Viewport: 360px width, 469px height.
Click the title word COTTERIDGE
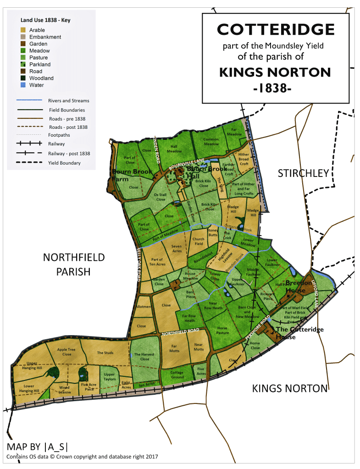tap(276, 30)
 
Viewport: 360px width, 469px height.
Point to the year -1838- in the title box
tap(272, 88)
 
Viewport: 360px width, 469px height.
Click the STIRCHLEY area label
tap(303, 173)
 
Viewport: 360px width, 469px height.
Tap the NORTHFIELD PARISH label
tap(74, 265)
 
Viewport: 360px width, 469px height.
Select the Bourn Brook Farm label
tap(127, 175)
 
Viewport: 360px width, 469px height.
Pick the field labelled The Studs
tap(105, 353)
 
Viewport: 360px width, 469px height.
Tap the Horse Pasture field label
tap(222, 330)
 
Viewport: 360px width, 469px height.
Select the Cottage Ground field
tap(177, 375)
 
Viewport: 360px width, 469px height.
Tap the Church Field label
tap(199, 241)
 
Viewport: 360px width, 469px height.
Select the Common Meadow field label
tap(211, 142)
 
